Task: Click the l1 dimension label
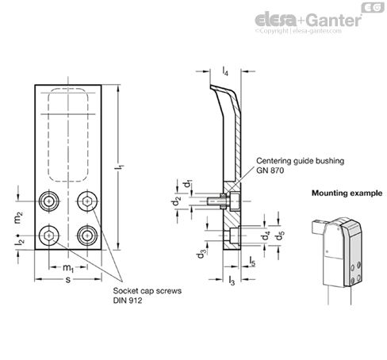tap(121, 167)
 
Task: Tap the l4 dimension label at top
tap(225, 71)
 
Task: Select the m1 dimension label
tap(68, 268)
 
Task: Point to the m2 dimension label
tap(18, 218)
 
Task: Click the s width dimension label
tap(68, 279)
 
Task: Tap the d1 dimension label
tap(188, 184)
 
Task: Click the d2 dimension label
tap(176, 201)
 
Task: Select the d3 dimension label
tap(201, 254)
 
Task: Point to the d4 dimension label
tap(266, 236)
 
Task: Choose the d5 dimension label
tap(280, 236)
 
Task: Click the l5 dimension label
tap(252, 262)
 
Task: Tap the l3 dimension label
tap(232, 281)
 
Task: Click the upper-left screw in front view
tap(49, 201)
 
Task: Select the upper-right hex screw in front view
tap(87, 201)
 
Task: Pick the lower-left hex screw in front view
tap(49, 236)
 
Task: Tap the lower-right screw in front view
tap(87, 236)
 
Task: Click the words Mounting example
tap(347, 193)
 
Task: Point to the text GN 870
tap(270, 170)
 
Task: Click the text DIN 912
tap(128, 301)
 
